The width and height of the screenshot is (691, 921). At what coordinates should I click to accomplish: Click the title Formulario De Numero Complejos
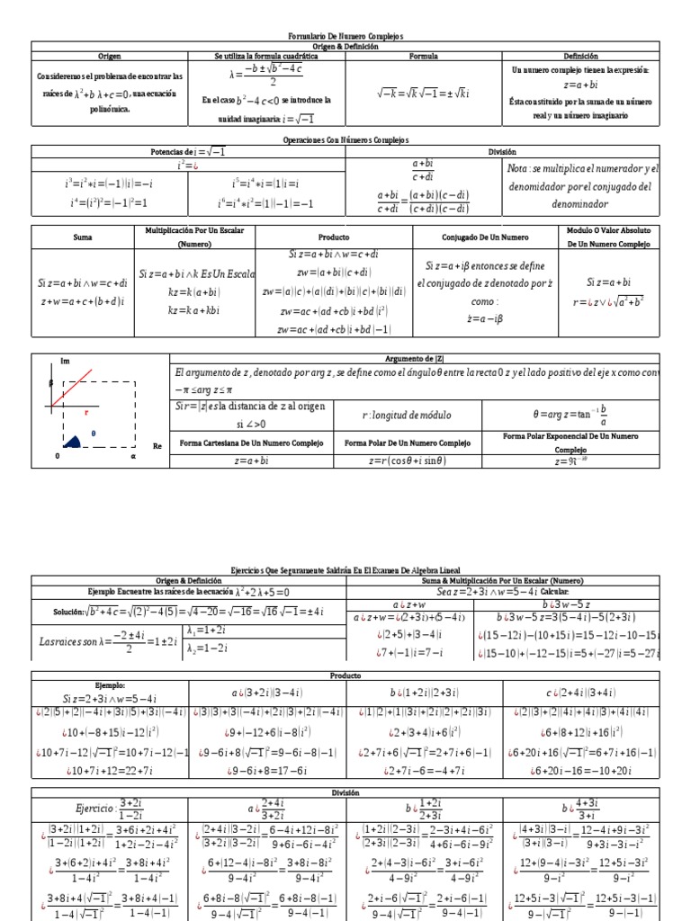(x=345, y=35)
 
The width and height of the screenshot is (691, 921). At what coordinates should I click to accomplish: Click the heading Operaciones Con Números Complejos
(x=345, y=140)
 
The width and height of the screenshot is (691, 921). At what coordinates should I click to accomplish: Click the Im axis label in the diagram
(x=64, y=361)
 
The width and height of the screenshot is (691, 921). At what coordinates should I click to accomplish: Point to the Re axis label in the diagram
(x=157, y=445)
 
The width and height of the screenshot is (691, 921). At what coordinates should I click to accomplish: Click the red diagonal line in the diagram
(x=75, y=385)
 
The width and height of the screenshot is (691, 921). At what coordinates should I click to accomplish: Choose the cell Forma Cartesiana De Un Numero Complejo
(x=253, y=443)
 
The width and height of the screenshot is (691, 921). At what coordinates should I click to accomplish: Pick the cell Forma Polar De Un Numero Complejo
(x=408, y=443)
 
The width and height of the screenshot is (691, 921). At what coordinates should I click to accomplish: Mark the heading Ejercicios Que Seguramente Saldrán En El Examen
(x=345, y=570)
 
